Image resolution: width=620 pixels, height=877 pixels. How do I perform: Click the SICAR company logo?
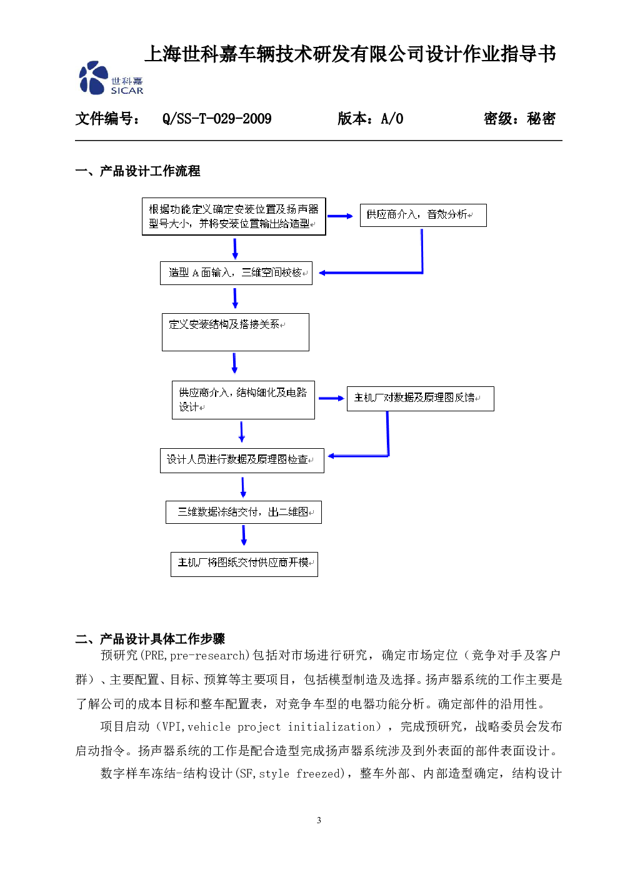pos(111,78)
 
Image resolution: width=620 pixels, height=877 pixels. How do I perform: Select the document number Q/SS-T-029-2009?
pos(217,118)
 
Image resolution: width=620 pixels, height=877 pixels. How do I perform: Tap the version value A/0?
pos(392,118)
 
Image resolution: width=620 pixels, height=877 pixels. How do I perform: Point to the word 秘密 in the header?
pos(541,118)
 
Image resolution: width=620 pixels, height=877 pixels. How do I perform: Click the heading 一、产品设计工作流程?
pos(137,171)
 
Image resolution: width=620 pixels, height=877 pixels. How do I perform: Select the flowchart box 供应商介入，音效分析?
pos(423,215)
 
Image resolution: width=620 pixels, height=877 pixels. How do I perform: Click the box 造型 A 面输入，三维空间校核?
pos(236,273)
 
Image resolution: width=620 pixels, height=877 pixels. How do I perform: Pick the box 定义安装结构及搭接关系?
pos(236,332)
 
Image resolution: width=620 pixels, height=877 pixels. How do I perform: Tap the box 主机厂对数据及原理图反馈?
pos(421,399)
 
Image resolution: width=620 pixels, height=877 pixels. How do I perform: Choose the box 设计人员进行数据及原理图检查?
pos(242,461)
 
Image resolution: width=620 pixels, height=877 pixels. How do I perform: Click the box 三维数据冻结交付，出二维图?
pos(244,512)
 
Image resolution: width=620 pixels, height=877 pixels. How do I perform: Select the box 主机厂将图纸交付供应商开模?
pos(244,564)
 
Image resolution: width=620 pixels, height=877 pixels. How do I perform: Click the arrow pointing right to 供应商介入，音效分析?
pos(340,216)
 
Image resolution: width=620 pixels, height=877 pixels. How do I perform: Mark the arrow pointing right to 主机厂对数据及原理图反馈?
pos(331,398)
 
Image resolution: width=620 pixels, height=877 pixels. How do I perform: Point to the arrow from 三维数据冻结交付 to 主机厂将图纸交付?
pos(244,535)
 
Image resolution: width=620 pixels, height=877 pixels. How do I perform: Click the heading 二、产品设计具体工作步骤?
pos(150,639)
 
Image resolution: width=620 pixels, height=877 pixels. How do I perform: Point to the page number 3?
pos(319,820)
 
